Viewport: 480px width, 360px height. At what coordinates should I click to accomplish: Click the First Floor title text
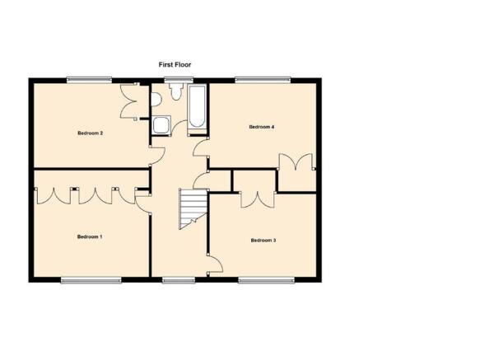(x=175, y=64)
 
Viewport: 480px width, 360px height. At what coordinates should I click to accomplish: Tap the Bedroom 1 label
(x=90, y=236)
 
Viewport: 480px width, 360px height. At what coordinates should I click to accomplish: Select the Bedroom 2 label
(x=90, y=133)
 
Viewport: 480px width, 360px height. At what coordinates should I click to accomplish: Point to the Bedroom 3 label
(x=263, y=241)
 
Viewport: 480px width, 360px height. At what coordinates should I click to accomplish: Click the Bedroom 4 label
(x=262, y=127)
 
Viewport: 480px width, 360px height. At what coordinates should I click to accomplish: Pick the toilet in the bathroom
(x=176, y=92)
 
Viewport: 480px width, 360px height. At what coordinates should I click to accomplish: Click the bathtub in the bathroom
(x=197, y=106)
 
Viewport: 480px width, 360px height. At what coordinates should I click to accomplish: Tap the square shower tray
(x=161, y=125)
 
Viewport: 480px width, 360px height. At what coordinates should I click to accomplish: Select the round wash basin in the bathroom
(x=156, y=100)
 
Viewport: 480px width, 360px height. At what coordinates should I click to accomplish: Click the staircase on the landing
(x=193, y=209)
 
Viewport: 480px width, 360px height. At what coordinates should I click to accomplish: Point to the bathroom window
(x=179, y=80)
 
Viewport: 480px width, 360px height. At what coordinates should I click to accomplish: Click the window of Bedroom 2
(x=90, y=80)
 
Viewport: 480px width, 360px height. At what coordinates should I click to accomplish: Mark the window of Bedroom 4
(x=263, y=80)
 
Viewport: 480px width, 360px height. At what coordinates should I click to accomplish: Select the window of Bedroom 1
(x=91, y=280)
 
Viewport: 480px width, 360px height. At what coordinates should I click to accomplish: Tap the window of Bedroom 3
(x=266, y=280)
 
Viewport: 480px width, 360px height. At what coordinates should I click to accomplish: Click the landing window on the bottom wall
(x=179, y=280)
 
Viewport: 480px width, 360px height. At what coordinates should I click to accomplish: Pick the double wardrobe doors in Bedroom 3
(x=257, y=202)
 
